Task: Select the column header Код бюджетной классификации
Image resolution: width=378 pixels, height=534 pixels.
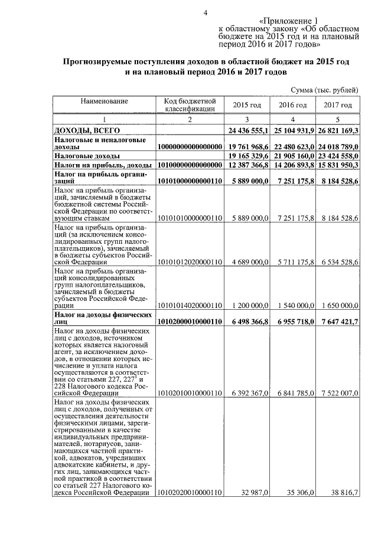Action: pos(190,104)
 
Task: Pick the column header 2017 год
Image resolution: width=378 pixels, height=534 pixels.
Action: pos(337,104)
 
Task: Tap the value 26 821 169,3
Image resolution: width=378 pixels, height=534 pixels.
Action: pos(337,130)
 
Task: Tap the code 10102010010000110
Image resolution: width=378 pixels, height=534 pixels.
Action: pos(190,392)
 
